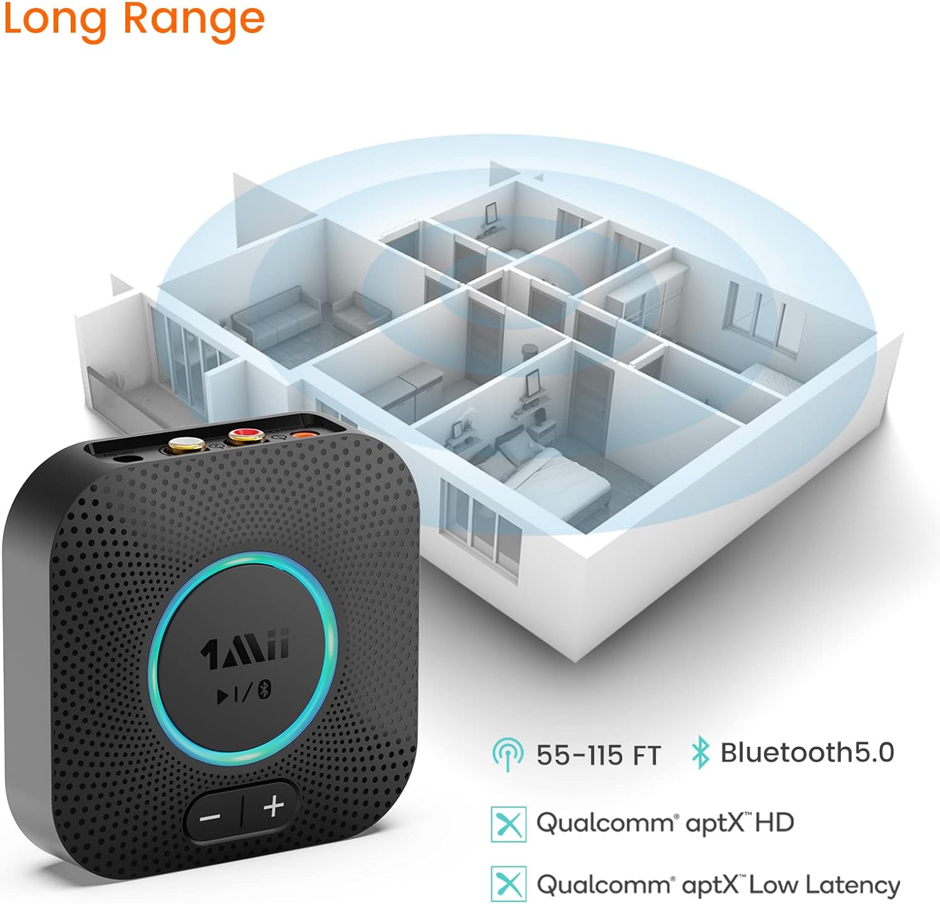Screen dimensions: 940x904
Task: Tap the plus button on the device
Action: tap(273, 806)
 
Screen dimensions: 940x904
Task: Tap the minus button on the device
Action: tap(210, 817)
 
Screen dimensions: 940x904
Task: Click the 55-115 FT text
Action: tap(598, 755)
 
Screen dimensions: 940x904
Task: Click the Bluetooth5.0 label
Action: tap(807, 752)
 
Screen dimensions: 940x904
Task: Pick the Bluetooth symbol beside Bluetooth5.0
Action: tap(700, 753)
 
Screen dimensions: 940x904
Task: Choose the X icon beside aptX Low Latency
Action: tap(508, 885)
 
